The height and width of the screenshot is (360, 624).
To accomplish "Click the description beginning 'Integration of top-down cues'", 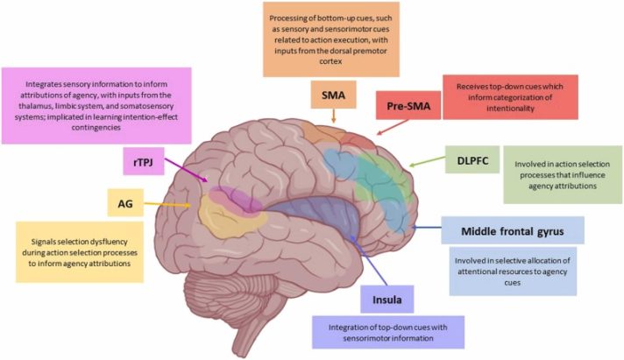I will [387, 334].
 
